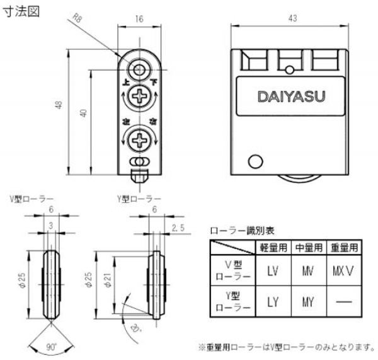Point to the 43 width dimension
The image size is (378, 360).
click(292, 18)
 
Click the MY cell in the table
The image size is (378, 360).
click(307, 301)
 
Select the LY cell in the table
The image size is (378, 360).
click(272, 301)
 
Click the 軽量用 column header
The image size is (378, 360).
click(272, 247)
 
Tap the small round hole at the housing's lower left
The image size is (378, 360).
click(255, 161)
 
